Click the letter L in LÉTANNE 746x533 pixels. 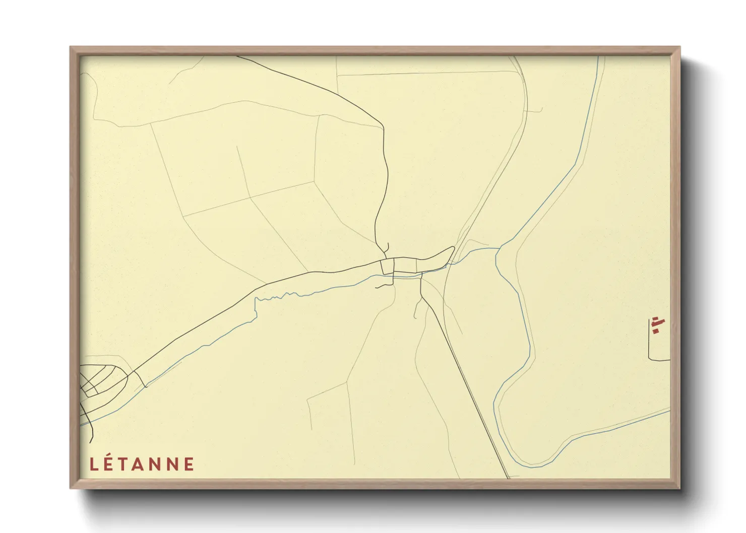pyautogui.click(x=94, y=464)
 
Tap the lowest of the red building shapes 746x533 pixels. pyautogui.click(x=655, y=331)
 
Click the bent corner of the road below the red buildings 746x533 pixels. pyautogui.click(x=650, y=359)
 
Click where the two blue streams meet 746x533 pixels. pyautogui.click(x=499, y=248)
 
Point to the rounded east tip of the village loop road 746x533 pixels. pyautogui.click(x=453, y=248)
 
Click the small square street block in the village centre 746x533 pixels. pyautogui.click(x=388, y=266)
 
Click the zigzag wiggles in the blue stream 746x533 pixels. pyautogui.click(x=275, y=297)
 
